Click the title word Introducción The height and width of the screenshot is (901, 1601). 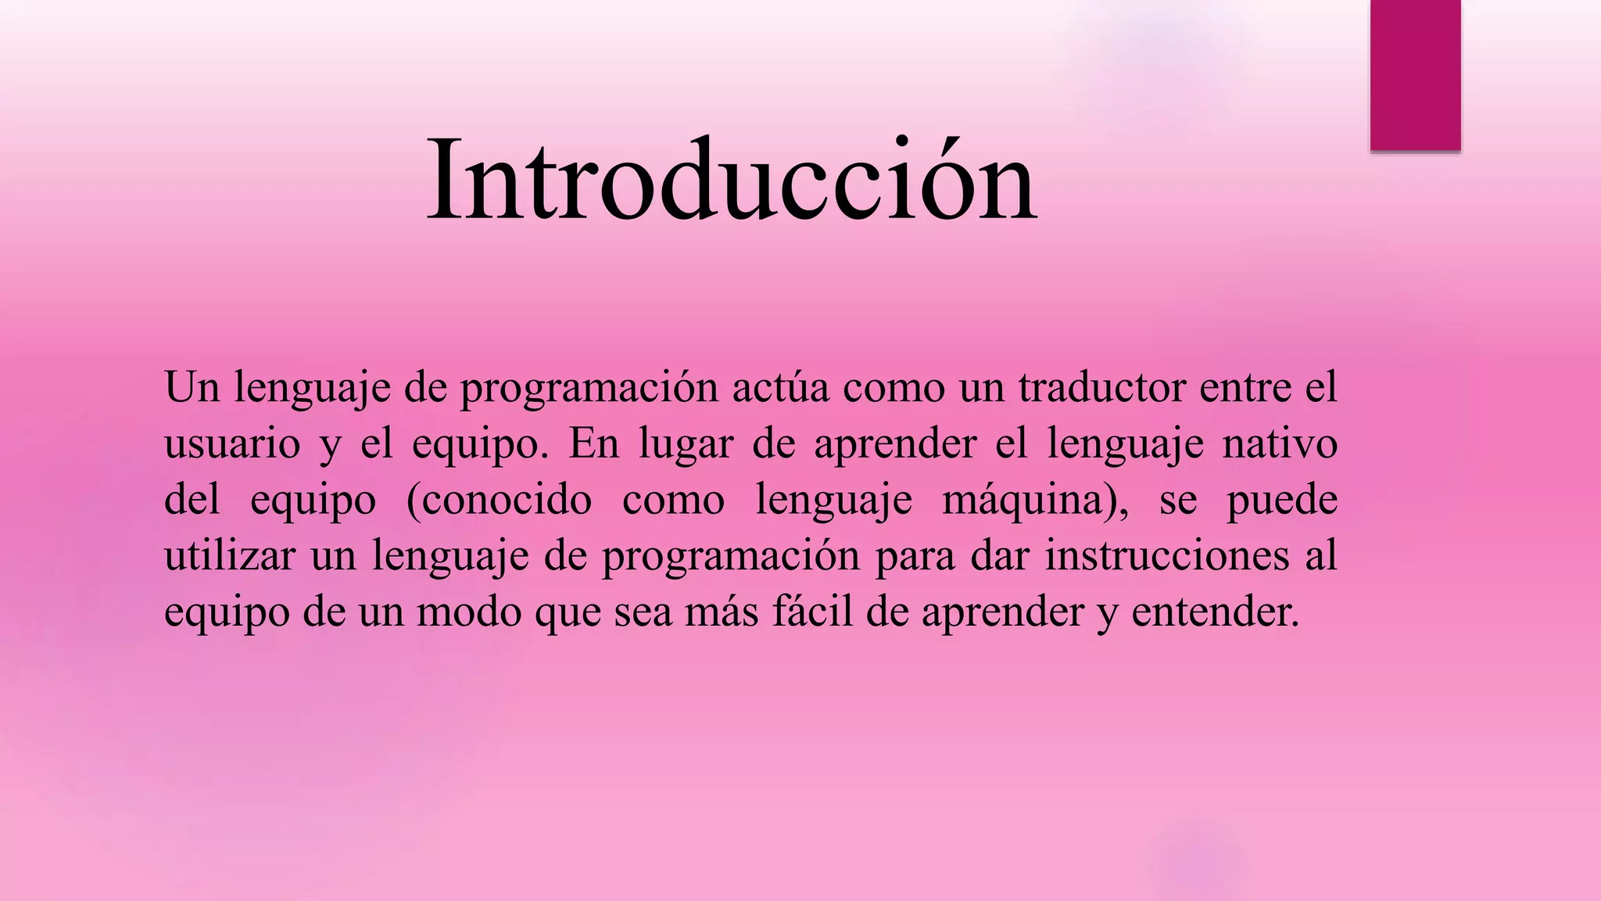pyautogui.click(x=732, y=181)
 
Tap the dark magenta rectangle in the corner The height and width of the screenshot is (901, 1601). pyautogui.click(x=1415, y=74)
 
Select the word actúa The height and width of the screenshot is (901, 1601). pyautogui.click(x=780, y=387)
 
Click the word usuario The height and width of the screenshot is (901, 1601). pyautogui.click(x=232, y=443)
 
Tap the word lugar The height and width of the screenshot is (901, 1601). pyautogui.click(x=686, y=443)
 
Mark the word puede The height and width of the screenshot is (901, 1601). pyautogui.click(x=1282, y=500)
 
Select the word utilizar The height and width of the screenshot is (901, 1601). pyautogui.click(x=230, y=556)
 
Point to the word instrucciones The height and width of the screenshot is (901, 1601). pyautogui.click(x=1167, y=556)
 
